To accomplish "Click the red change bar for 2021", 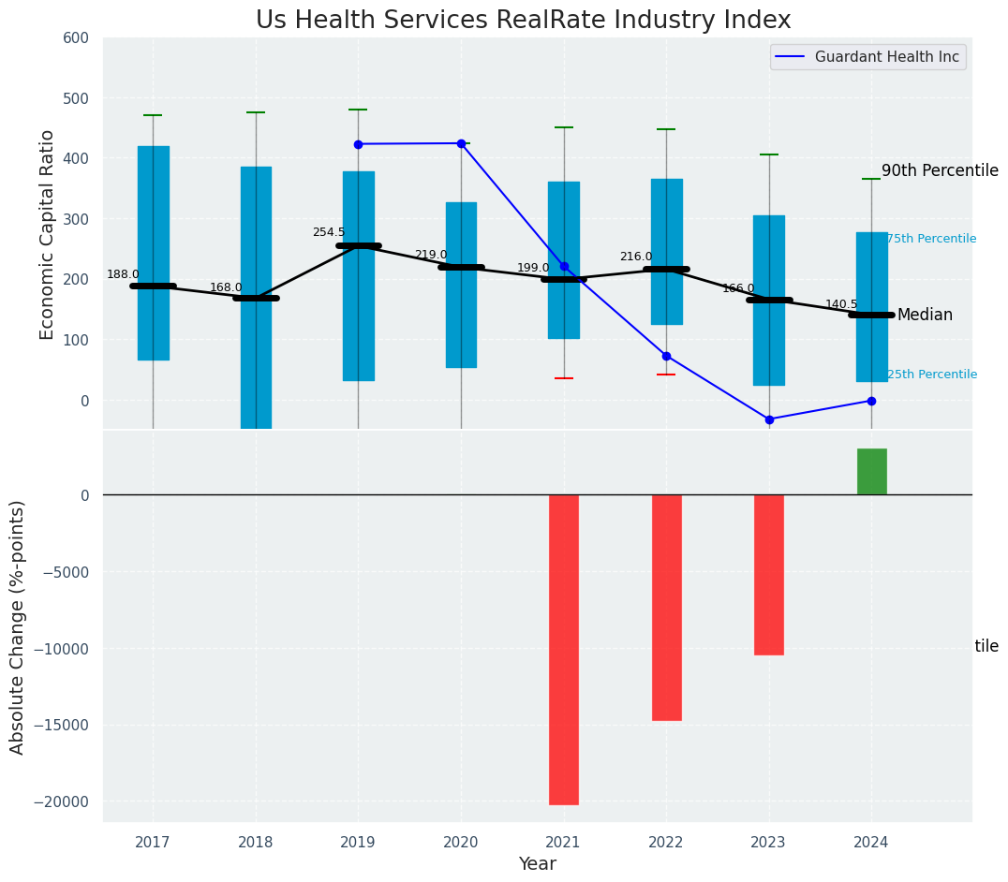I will point(563,649).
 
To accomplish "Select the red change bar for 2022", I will point(666,607).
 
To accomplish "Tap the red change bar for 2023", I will point(769,574).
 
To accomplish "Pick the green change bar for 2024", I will point(871,472).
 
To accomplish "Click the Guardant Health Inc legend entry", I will point(886,57).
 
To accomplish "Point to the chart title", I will point(523,21).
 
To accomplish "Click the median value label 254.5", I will point(328,232).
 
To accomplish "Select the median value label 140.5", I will point(841,304).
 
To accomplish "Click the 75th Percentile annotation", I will point(931,239).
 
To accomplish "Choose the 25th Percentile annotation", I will point(931,375).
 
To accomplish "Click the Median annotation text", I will point(925,316).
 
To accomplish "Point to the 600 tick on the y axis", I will point(76,38).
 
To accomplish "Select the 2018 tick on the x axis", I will point(256,842).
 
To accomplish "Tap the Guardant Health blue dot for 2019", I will point(358,144).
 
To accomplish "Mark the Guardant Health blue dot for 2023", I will point(769,419).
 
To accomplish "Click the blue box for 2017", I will point(153,253).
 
